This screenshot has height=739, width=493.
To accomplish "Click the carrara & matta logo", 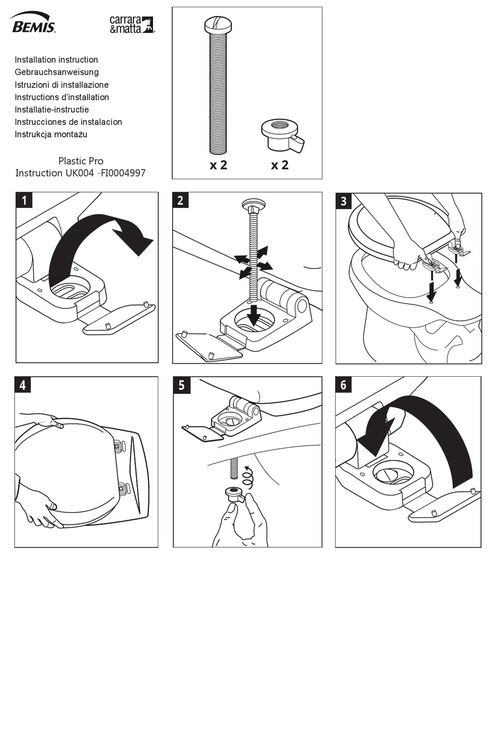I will click(131, 24).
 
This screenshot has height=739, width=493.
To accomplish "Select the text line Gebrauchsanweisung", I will click(57, 72).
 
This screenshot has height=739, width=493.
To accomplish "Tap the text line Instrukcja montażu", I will click(51, 134).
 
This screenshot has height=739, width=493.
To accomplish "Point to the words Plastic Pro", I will click(80, 161).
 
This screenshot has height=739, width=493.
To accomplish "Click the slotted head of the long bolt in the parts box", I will click(218, 24).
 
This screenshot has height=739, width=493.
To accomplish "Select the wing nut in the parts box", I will click(281, 136).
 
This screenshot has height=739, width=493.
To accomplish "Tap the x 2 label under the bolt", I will click(218, 165).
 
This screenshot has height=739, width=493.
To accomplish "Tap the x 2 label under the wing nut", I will click(280, 165).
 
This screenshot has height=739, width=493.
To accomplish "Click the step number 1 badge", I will click(24, 200).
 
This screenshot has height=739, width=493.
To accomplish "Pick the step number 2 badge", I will click(181, 200).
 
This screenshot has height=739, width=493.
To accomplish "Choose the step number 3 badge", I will click(344, 201).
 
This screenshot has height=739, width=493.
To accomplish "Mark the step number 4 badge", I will click(23, 385).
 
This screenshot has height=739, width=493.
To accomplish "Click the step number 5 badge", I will click(181, 385).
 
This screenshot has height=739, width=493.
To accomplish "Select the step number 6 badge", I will click(344, 385).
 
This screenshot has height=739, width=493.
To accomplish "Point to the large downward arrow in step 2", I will click(253, 315).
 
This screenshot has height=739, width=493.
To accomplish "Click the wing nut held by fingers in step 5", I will click(234, 493).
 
